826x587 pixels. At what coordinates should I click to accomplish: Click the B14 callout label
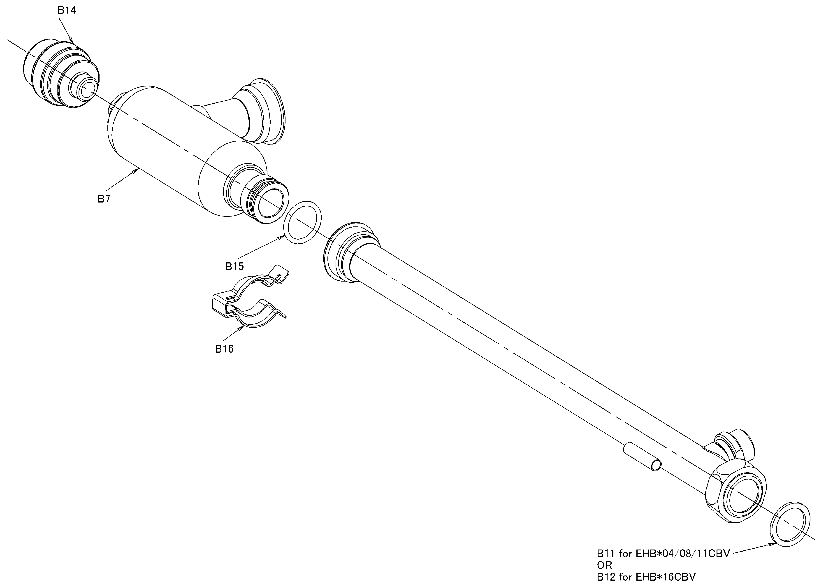tap(67, 10)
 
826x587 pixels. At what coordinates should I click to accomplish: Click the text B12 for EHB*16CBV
tap(646, 577)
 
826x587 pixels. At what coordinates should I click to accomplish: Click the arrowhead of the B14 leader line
tap(72, 40)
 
